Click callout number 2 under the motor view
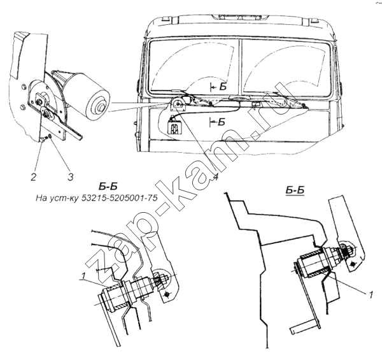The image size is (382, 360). (33, 176)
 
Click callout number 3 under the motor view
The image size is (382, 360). (71, 176)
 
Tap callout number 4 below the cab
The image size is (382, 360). (215, 177)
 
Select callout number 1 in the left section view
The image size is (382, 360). (83, 276)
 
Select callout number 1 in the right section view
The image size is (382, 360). (371, 294)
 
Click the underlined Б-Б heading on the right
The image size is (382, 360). (295, 191)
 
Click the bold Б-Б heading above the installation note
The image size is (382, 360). (108, 187)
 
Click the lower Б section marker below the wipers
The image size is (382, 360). (218, 122)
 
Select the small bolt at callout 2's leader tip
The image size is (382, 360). (43, 140)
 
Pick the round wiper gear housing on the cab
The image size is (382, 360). (178, 104)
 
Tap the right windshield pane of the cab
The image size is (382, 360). (287, 66)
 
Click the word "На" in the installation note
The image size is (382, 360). (41, 198)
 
